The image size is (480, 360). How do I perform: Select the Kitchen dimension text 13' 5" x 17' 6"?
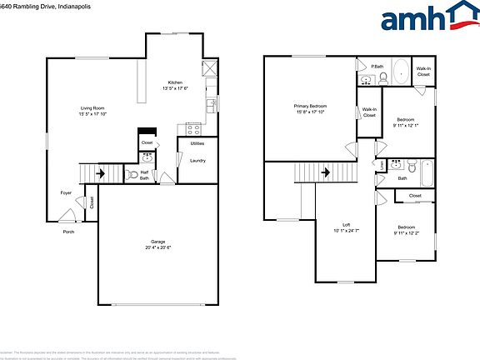coord(175,88)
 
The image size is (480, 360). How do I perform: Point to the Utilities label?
coord(197,144)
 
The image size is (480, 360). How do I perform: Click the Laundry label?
coord(197,160)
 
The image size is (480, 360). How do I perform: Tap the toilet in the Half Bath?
coord(131,175)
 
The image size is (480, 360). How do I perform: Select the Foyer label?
coord(66,192)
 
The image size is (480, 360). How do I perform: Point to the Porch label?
coord(68,232)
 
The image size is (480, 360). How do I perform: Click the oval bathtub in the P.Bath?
coord(402,72)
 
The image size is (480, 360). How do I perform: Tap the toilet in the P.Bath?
coord(383,79)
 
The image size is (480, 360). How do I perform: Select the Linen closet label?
coord(382,164)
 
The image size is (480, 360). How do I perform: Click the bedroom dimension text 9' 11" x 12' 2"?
coord(406,232)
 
